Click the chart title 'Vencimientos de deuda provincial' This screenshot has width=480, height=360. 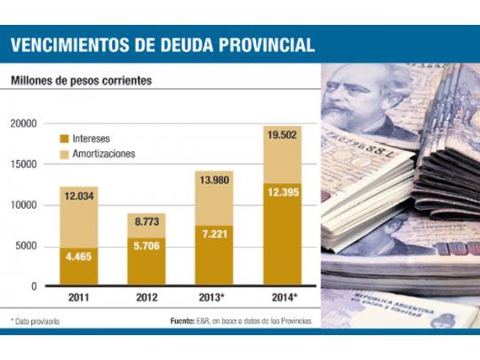pos(162,45)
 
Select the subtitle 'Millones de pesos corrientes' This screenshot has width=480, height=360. pos(81,81)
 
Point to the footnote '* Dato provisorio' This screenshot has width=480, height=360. pos(36,321)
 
